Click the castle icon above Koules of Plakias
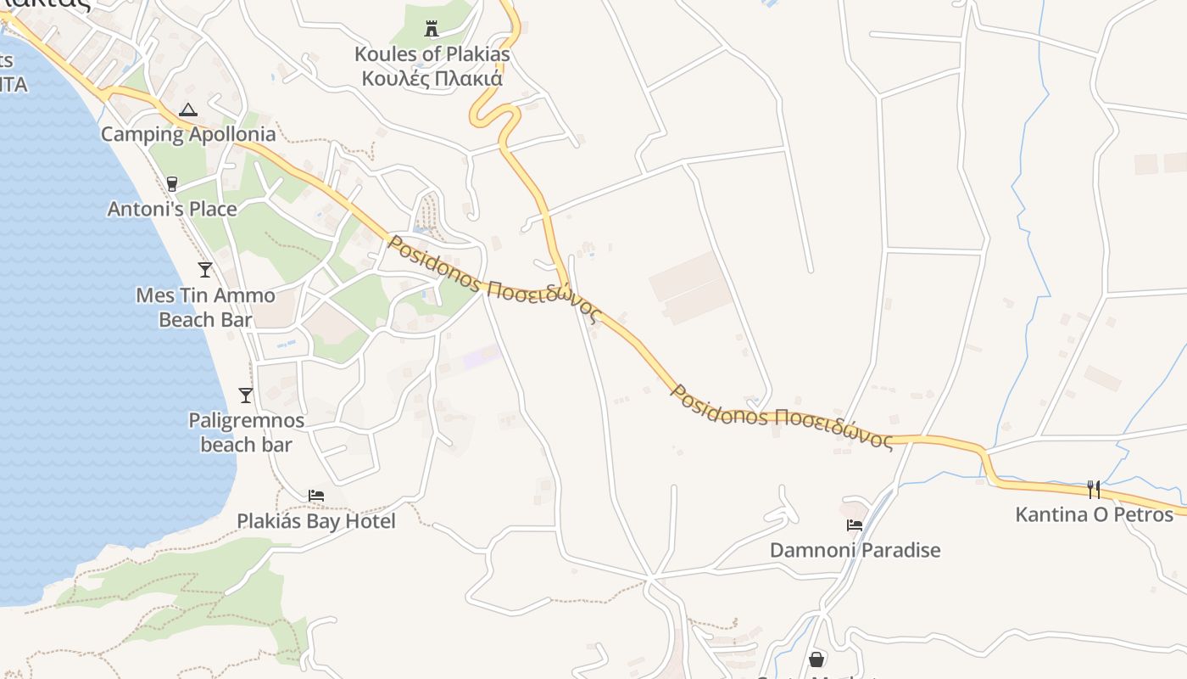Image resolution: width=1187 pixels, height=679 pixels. click(x=432, y=30)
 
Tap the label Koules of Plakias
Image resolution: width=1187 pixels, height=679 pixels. click(x=432, y=54)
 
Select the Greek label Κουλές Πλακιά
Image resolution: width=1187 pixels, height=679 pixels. click(x=432, y=79)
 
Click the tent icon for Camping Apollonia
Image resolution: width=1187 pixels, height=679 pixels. click(x=187, y=109)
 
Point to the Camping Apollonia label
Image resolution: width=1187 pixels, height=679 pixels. click(x=188, y=134)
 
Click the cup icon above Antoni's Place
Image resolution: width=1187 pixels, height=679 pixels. click(x=172, y=183)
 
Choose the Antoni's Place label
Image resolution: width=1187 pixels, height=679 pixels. click(x=172, y=209)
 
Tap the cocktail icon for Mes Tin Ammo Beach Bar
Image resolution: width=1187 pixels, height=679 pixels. click(x=205, y=270)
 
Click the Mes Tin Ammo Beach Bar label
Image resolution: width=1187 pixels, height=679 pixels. click(x=205, y=307)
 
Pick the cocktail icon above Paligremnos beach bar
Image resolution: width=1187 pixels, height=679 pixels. click(x=246, y=395)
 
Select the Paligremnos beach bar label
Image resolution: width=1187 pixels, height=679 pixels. click(x=246, y=432)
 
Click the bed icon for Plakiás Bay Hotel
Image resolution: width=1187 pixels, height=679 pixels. click(x=316, y=495)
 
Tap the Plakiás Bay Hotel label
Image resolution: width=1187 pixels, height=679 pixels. click(x=316, y=521)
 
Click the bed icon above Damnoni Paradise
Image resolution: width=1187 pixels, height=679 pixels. click(x=855, y=525)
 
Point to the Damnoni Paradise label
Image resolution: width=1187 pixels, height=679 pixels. click(x=855, y=550)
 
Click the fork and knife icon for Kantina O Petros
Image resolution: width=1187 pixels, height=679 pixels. click(x=1094, y=489)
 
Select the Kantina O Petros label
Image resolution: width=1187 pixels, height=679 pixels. click(x=1094, y=514)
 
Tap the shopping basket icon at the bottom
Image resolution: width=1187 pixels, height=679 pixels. click(x=816, y=659)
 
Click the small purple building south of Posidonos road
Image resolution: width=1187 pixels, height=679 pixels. click(x=481, y=356)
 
